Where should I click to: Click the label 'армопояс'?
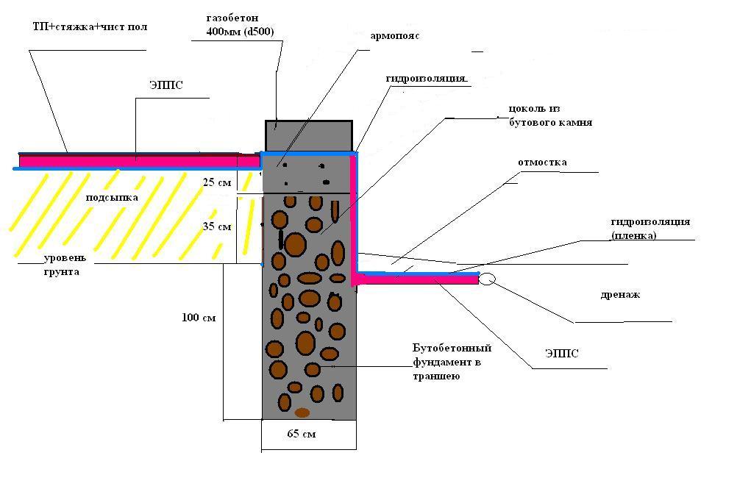click(x=395, y=37)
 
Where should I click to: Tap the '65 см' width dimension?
click(x=302, y=434)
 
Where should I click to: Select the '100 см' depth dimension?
click(x=199, y=318)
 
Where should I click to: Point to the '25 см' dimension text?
click(x=217, y=182)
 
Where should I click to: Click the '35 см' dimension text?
click(x=217, y=226)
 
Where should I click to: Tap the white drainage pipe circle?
click(x=487, y=279)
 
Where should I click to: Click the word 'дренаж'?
click(x=620, y=295)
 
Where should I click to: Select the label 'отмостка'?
click(x=542, y=162)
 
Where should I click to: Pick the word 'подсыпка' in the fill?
click(x=112, y=198)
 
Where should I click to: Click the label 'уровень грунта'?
click(x=65, y=265)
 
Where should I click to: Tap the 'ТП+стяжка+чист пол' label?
click(x=90, y=26)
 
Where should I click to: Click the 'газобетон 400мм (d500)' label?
click(x=240, y=25)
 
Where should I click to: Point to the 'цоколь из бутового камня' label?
click(x=550, y=116)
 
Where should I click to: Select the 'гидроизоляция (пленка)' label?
click(x=650, y=229)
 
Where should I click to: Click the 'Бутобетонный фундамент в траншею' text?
click(x=452, y=362)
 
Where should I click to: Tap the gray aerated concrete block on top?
click(x=309, y=137)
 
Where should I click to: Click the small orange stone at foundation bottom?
click(x=302, y=413)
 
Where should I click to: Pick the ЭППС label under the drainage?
click(x=562, y=354)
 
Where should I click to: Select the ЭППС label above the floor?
click(x=166, y=85)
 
